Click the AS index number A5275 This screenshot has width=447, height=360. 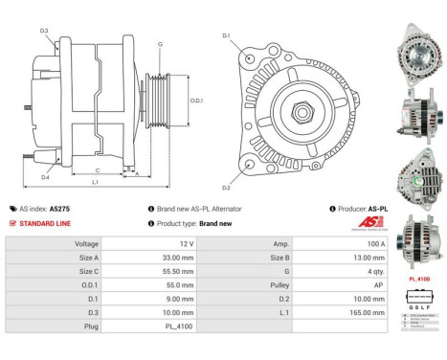[x=60, y=208]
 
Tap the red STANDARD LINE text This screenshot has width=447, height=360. [x=46, y=223]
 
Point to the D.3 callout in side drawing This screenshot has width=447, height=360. [x=45, y=32]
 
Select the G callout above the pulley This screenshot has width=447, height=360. [x=160, y=44]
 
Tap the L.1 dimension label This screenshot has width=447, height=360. [x=95, y=181]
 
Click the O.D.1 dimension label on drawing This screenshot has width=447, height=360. [x=194, y=100]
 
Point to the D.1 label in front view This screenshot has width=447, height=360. [x=226, y=36]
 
